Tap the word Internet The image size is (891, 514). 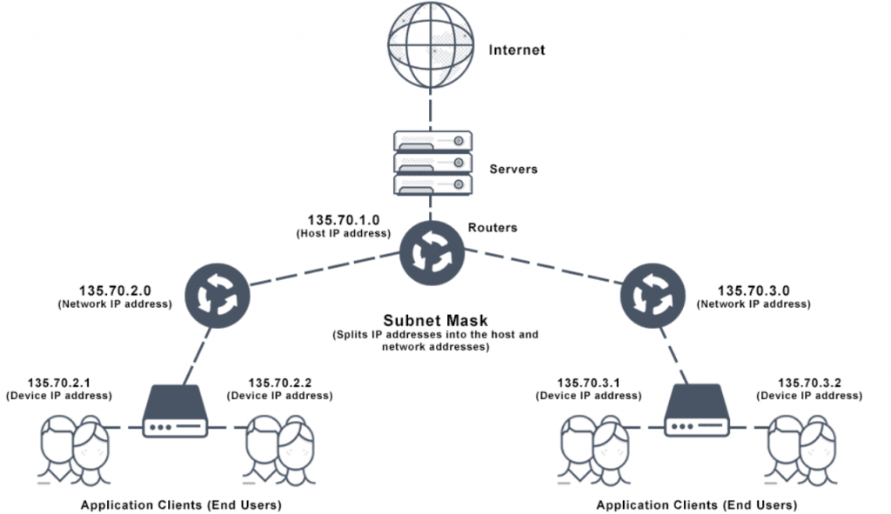pos(516,50)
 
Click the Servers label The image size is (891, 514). pos(513,169)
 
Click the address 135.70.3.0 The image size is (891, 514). pos(754,290)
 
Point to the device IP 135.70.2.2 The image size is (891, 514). pos(280,382)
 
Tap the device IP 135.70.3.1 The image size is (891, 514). pos(589,382)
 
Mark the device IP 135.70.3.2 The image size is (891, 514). pos(809,382)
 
